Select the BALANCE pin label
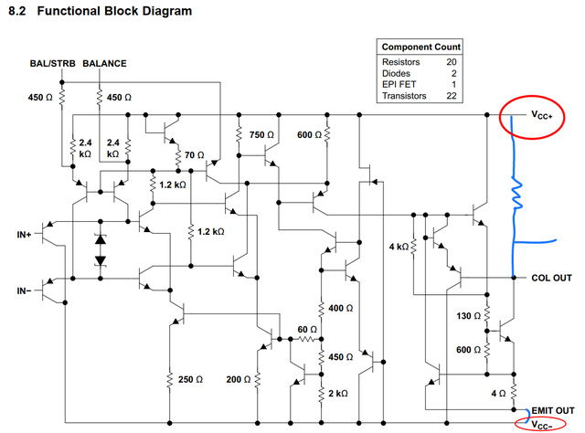(x=105, y=64)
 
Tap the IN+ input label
(x=25, y=235)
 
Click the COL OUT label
(x=551, y=278)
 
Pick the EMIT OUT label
(x=552, y=411)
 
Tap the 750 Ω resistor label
(x=263, y=134)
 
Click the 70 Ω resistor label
(x=195, y=155)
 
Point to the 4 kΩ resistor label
(x=399, y=247)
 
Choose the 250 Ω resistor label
(x=190, y=379)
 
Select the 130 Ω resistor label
(x=467, y=316)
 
